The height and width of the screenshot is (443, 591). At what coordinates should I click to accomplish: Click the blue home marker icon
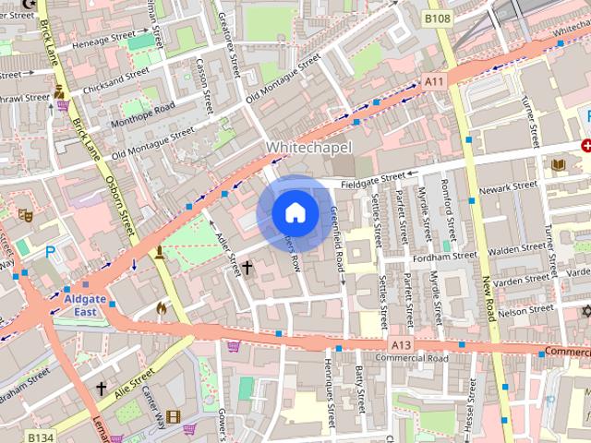click(x=295, y=212)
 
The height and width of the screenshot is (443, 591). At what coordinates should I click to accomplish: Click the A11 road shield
click(x=434, y=82)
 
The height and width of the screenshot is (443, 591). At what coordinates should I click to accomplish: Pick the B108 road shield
click(x=437, y=18)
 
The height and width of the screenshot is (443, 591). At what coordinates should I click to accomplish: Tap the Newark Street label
click(x=508, y=186)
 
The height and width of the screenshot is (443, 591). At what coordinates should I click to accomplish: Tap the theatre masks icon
click(x=25, y=215)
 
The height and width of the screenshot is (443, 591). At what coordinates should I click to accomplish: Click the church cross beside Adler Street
click(x=247, y=268)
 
